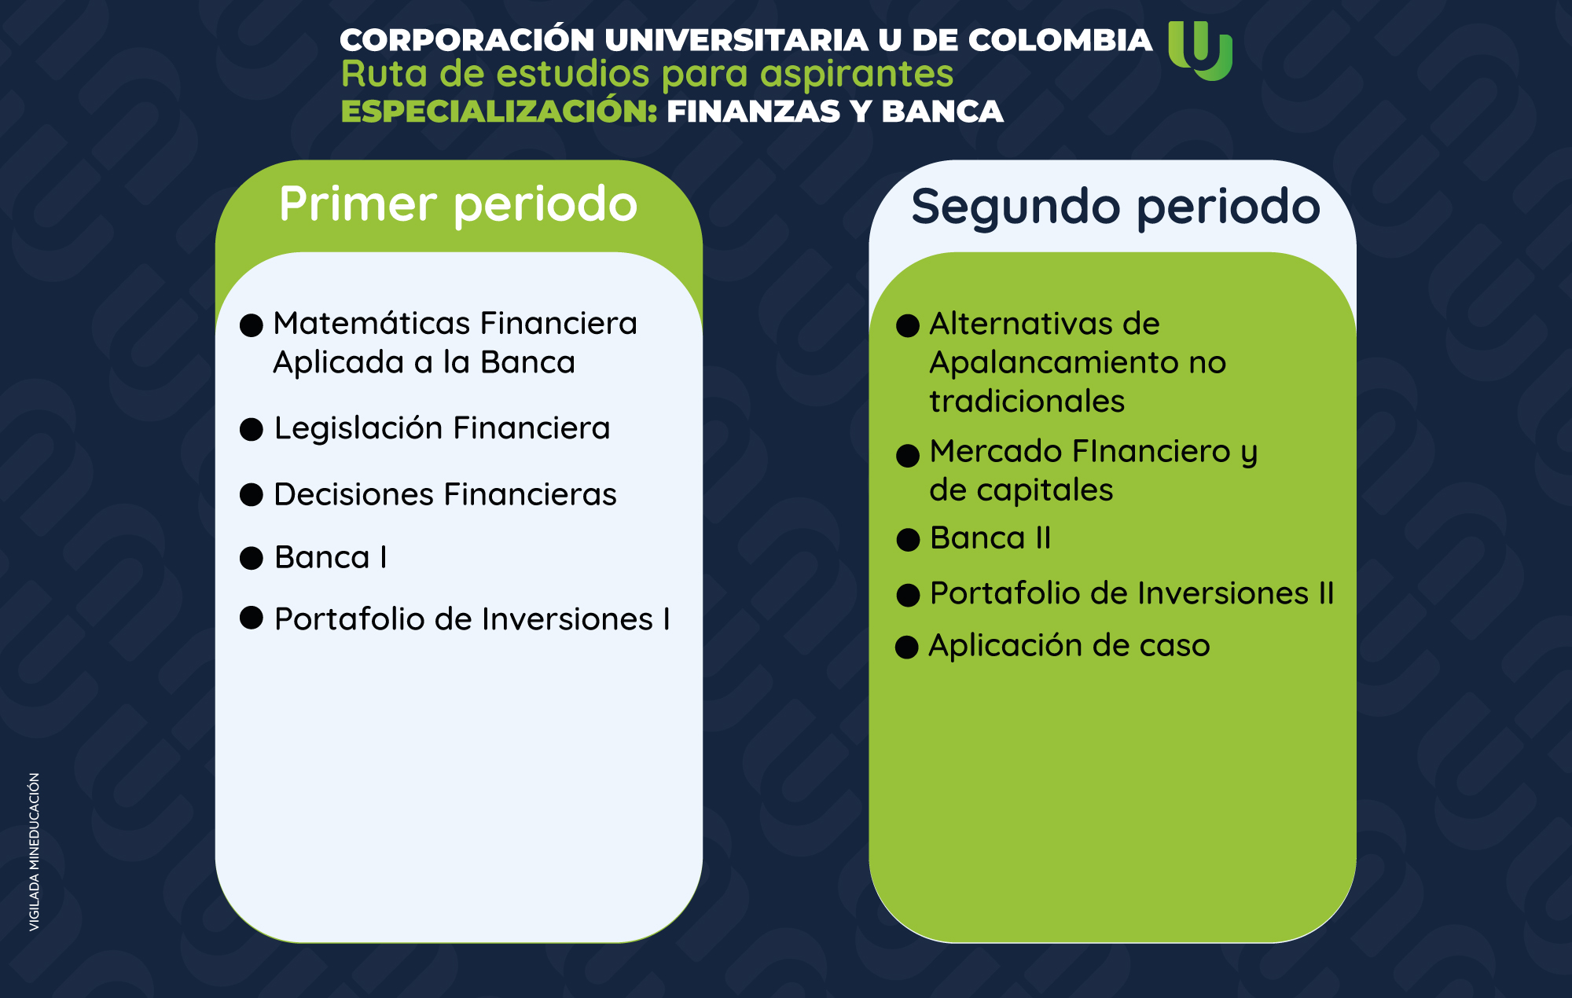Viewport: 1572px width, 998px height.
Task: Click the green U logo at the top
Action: (x=1200, y=50)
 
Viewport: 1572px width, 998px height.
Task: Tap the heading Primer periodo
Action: (x=458, y=204)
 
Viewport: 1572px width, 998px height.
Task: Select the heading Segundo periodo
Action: (x=1115, y=207)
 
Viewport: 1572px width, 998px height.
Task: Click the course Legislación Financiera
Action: (x=442, y=428)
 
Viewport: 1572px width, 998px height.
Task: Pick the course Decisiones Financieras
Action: (x=445, y=494)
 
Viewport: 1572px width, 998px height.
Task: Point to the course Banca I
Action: (x=330, y=557)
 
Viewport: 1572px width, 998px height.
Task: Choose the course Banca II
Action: (x=990, y=538)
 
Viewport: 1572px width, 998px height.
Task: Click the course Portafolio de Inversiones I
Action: (x=472, y=619)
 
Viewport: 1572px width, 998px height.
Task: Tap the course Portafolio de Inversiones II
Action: (x=1132, y=593)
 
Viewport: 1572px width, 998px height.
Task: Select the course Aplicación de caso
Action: (x=1069, y=646)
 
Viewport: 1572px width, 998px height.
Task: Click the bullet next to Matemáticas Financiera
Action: (x=252, y=325)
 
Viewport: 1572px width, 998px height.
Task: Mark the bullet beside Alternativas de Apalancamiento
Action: (x=908, y=325)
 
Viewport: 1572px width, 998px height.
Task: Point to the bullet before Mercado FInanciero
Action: (x=908, y=456)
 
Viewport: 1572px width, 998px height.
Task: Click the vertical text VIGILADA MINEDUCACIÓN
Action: (x=35, y=853)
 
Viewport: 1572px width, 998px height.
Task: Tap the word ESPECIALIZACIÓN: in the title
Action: (x=499, y=112)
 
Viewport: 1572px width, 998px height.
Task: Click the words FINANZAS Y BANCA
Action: (x=835, y=112)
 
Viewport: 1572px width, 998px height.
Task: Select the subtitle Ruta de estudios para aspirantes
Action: (x=647, y=75)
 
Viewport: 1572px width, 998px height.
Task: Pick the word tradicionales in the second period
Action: (x=1027, y=402)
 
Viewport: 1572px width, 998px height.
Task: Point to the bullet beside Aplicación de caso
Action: (x=907, y=647)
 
